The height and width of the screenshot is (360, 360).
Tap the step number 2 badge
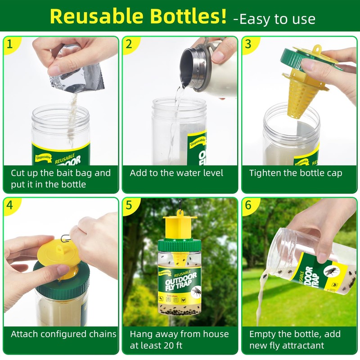pos(129,44)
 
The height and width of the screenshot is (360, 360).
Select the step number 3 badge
pos(248,44)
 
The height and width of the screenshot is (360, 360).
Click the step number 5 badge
pos(129,205)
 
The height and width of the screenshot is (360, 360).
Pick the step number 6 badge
pos(248,205)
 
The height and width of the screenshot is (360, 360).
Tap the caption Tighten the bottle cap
pos(296,173)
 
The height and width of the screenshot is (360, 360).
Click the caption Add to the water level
pos(176,173)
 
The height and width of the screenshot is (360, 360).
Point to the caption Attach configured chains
pos(63,334)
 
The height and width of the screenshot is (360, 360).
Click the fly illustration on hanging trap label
pos(195,292)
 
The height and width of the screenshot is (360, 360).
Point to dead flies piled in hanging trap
pos(180,310)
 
